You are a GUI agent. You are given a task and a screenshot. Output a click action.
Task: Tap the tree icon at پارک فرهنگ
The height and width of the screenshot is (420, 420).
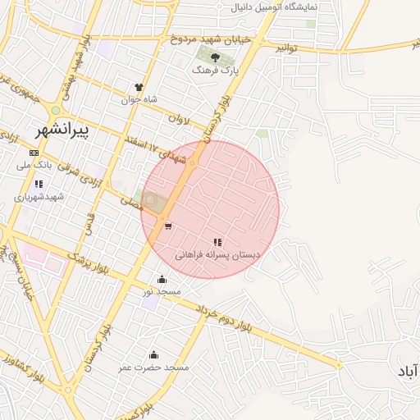[215, 57]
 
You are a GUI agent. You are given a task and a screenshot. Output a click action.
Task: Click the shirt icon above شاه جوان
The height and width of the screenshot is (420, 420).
[139, 87]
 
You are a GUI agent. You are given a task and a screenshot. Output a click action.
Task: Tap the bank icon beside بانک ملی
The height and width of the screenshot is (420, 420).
[33, 153]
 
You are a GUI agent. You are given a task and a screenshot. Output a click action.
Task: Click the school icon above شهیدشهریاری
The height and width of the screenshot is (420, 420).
[39, 185]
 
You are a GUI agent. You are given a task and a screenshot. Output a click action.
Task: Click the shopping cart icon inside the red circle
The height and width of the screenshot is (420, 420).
[167, 226]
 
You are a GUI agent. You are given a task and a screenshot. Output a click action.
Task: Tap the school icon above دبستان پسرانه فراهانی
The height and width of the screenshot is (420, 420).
[217, 242]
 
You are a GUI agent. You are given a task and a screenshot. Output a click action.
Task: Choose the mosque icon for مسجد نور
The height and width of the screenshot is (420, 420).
[162, 279]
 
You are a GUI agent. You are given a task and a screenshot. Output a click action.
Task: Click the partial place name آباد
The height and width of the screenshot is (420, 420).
[408, 372]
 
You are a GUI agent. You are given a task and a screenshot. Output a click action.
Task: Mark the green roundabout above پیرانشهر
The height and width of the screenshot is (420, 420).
[56, 110]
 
